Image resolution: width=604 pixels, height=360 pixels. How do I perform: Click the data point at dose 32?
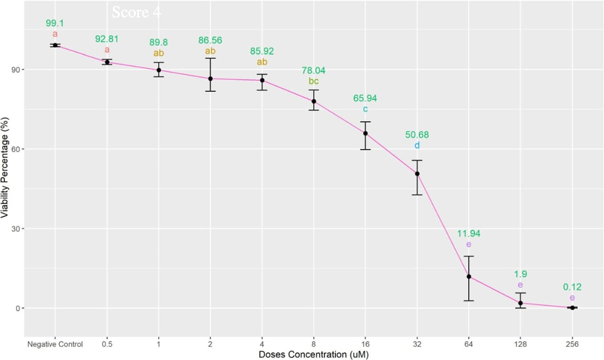point(417,174)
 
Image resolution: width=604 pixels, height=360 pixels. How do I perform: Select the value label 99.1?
point(55,23)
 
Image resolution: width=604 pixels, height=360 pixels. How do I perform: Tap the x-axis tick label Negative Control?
point(55,344)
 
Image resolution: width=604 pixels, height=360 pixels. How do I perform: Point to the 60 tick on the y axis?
point(16,149)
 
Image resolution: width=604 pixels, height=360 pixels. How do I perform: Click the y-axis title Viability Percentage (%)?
point(5,168)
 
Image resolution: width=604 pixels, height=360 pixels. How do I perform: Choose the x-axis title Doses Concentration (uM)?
point(313,355)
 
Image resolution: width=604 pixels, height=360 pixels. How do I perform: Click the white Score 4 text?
point(136,12)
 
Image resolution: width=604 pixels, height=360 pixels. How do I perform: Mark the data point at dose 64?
point(469,277)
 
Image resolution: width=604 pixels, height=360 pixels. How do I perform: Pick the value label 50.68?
point(417,134)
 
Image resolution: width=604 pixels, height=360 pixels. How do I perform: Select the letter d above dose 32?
point(417,145)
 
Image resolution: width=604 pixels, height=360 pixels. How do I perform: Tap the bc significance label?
point(314,81)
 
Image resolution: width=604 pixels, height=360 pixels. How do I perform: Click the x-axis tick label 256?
point(572,344)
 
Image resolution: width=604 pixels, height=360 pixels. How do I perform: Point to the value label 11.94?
point(469,234)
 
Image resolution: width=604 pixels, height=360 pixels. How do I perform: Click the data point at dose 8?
point(314,101)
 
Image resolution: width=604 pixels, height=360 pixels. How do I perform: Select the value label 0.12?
point(572,287)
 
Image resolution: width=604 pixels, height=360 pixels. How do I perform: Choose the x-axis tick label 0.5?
point(107,344)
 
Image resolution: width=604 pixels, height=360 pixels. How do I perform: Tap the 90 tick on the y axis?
point(16,70)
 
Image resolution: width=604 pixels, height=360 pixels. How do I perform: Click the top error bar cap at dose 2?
point(210,58)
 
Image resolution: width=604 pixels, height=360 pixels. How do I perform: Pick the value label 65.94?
point(365,98)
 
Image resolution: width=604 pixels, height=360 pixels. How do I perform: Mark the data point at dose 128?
point(521,303)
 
